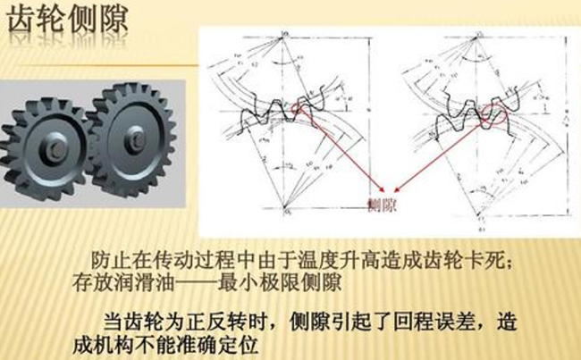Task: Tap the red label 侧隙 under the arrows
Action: point(383,203)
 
